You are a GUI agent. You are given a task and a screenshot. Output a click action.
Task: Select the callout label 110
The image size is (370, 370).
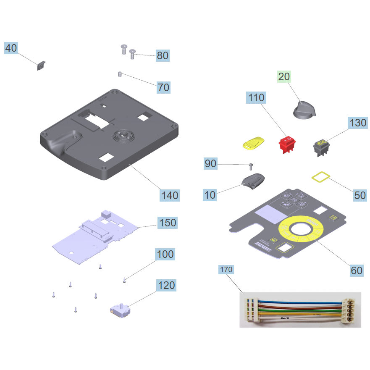point(256,98)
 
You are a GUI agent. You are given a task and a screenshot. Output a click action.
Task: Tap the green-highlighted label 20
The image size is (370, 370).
point(284,76)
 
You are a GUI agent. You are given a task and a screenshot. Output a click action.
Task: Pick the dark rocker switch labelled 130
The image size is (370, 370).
point(322,147)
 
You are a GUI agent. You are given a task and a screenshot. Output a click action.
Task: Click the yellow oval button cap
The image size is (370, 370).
point(253,143)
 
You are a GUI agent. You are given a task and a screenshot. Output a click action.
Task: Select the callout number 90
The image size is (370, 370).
point(211,163)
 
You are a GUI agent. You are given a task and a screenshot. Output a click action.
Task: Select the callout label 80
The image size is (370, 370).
point(163,55)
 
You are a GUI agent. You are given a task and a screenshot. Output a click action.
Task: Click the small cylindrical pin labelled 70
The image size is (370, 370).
point(120,74)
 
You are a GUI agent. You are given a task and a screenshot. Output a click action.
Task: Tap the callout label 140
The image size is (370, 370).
point(170,195)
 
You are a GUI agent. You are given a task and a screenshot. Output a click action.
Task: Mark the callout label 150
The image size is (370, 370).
point(167,222)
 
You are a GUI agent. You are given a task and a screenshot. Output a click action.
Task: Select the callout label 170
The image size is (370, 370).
point(226,269)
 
